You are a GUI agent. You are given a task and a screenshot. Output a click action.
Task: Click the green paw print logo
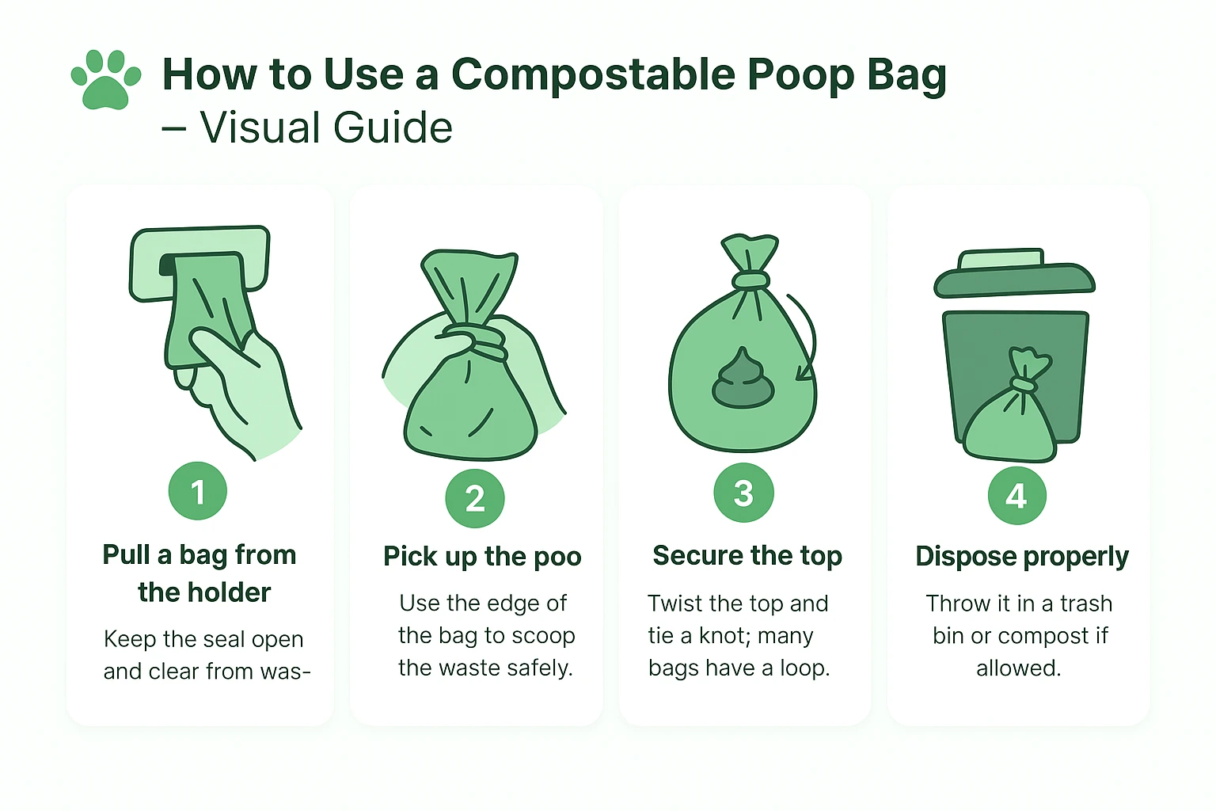coord(106,79)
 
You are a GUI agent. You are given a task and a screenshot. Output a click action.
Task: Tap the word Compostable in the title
coord(593,75)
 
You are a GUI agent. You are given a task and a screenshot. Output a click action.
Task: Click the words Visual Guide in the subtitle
coord(325,128)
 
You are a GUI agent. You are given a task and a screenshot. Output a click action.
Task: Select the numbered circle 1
coord(198,491)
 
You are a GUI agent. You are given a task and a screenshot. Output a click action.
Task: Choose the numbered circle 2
coord(475,498)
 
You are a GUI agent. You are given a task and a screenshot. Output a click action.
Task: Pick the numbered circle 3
coord(743,493)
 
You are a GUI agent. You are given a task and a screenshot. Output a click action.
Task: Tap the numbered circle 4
coord(1016,496)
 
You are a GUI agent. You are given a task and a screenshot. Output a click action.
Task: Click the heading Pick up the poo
coord(482,557)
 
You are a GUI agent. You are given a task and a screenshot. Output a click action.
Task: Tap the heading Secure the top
coord(747,556)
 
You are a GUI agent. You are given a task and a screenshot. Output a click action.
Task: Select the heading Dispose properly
coord(1021,557)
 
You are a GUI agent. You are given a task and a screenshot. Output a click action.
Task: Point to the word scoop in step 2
coord(543,636)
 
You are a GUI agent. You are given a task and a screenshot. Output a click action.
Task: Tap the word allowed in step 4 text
coord(1018,668)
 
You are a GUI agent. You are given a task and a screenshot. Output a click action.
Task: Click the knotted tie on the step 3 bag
coord(750,280)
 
